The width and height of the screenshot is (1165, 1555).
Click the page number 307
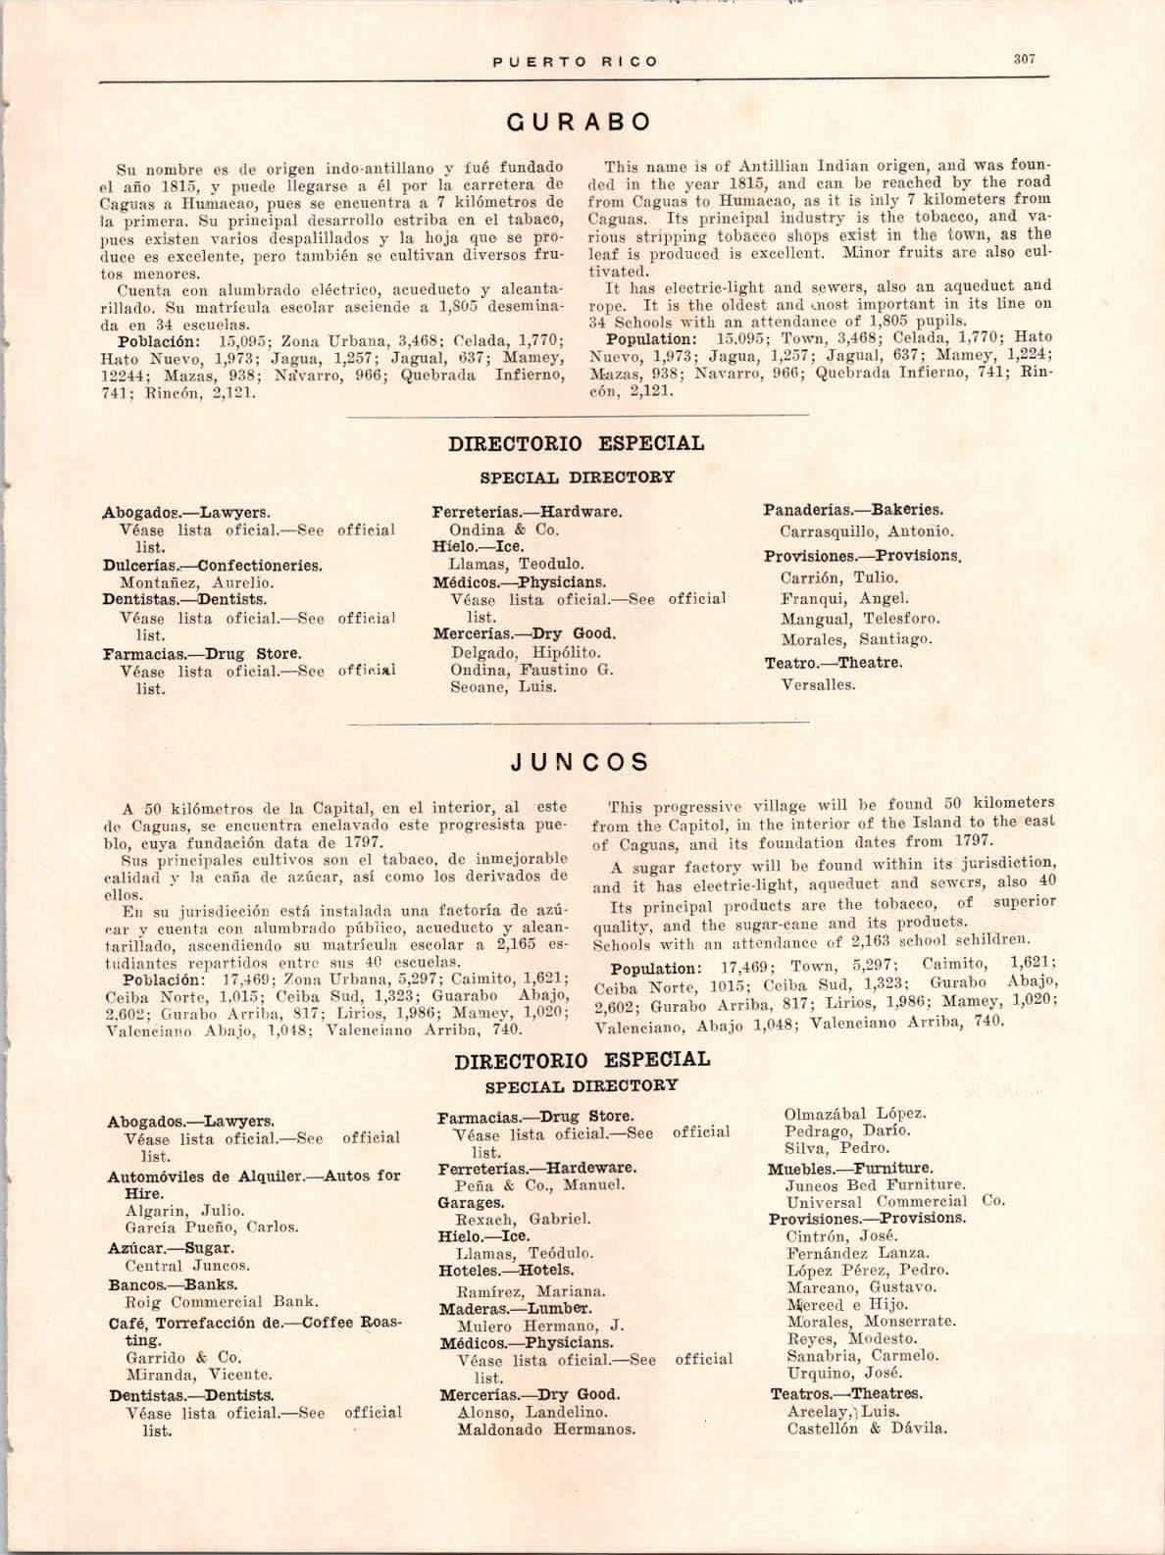click(x=1025, y=59)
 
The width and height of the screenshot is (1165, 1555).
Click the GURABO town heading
click(x=578, y=122)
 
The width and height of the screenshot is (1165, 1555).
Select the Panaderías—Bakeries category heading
click(x=853, y=510)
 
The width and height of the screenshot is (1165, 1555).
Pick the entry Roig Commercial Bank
click(x=221, y=1303)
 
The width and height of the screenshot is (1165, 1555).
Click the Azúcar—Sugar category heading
click(x=172, y=1248)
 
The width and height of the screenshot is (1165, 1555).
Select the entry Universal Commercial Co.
click(x=894, y=1202)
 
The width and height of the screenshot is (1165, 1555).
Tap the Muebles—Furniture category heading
click(x=850, y=1169)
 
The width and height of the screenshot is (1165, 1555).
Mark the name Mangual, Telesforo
click(x=859, y=619)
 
